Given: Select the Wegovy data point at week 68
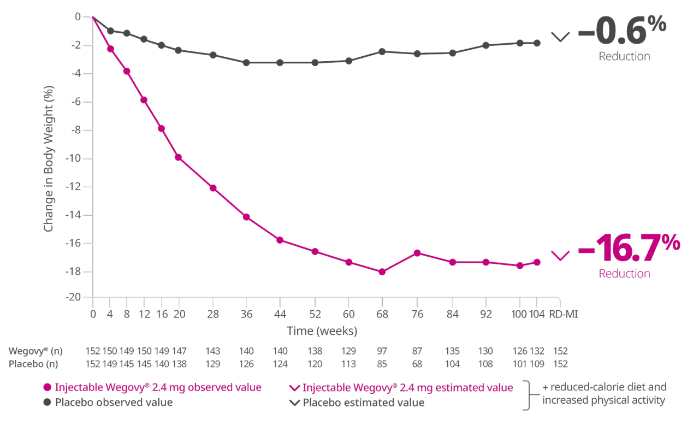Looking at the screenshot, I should (x=382, y=271).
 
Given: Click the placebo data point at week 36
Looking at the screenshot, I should (x=246, y=63).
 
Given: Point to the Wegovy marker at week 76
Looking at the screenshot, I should (x=417, y=253).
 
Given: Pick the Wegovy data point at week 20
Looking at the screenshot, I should (x=179, y=157).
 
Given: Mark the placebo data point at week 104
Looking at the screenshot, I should (x=537, y=43).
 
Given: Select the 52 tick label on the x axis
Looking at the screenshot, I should (x=315, y=314).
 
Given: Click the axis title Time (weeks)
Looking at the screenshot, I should (x=322, y=331).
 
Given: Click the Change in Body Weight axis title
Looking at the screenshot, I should (x=49, y=158).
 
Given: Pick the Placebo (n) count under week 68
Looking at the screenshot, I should (x=382, y=363).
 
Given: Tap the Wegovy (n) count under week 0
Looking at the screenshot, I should (x=93, y=351).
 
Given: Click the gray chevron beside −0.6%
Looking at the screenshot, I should (x=560, y=37).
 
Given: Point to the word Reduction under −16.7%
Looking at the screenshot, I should (x=624, y=273).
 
